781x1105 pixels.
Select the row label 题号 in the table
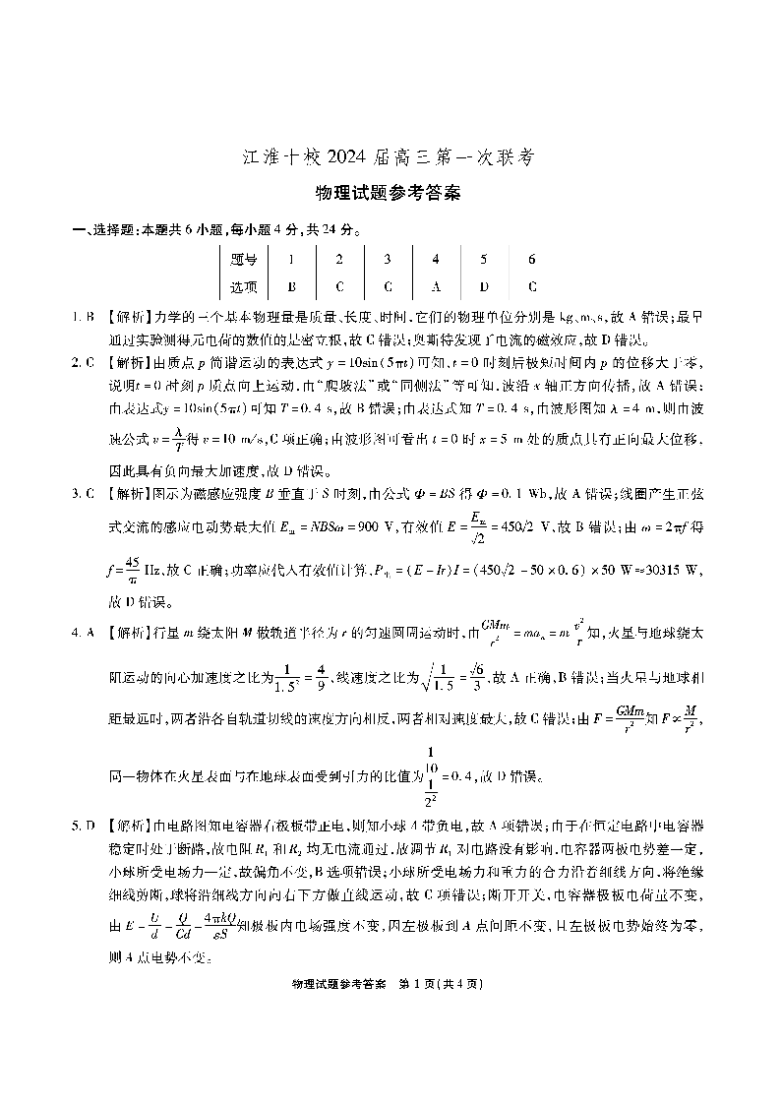(243, 260)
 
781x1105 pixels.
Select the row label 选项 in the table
(243, 287)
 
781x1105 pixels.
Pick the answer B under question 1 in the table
(291, 287)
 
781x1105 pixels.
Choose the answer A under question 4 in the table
(436, 287)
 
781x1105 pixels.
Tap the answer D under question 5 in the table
(483, 287)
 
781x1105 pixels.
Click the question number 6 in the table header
(531, 260)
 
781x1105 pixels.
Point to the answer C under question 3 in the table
(388, 287)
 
